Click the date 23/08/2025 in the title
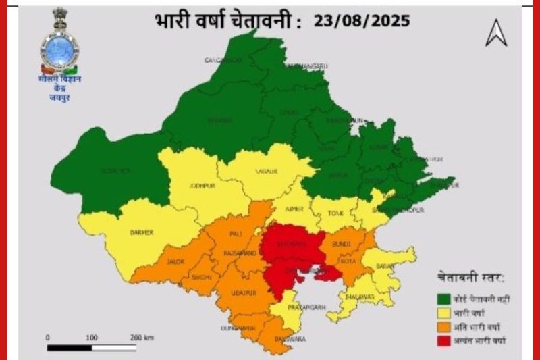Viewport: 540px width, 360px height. pos(362,20)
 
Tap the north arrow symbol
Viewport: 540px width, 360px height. pos(496,33)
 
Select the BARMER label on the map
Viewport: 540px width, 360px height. pos(142,232)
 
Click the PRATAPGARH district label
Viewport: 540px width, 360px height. pos(308,307)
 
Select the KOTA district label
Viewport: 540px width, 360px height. pos(348,259)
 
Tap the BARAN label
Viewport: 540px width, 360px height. pos(385,266)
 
